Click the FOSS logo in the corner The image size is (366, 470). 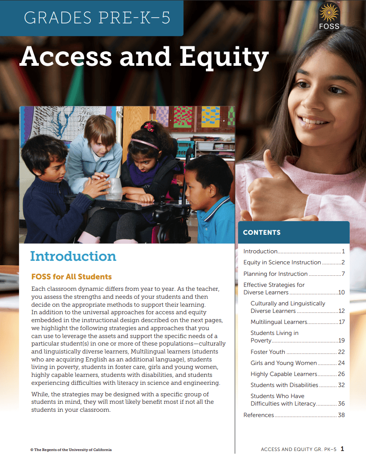(x=329, y=17)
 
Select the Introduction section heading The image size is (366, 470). (x=73, y=256)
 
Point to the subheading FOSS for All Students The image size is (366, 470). (x=71, y=277)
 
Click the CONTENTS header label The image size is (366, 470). (x=261, y=233)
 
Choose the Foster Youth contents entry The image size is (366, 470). (x=268, y=352)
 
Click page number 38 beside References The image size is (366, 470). (x=341, y=415)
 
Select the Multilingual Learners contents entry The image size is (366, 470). (x=279, y=322)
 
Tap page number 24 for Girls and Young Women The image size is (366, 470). (x=341, y=363)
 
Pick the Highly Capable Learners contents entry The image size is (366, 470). (x=284, y=374)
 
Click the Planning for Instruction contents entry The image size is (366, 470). (x=275, y=274)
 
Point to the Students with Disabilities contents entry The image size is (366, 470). (x=284, y=385)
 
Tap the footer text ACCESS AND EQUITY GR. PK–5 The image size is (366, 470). (x=299, y=450)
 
